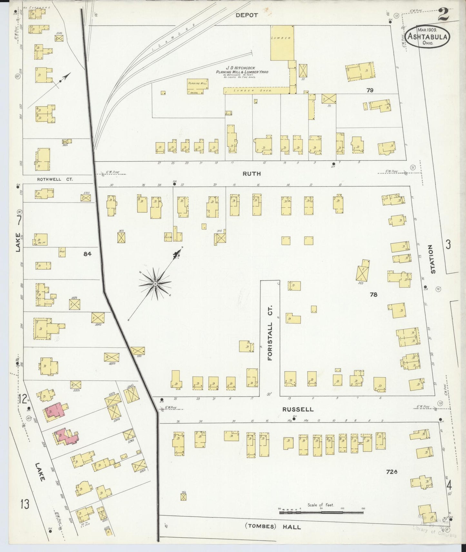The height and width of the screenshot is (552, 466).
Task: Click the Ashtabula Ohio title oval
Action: point(427,36)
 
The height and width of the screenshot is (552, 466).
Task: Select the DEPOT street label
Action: point(246,15)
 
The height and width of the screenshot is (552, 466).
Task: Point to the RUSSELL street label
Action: point(298,409)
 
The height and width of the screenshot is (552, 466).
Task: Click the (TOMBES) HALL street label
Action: point(273,527)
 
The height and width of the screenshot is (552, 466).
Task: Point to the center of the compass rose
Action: point(155,284)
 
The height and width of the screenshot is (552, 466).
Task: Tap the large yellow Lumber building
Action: point(282,43)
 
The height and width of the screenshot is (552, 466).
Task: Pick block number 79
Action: point(370,90)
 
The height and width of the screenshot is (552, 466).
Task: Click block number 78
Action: point(373,294)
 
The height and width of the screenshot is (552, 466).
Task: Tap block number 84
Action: point(87,254)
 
